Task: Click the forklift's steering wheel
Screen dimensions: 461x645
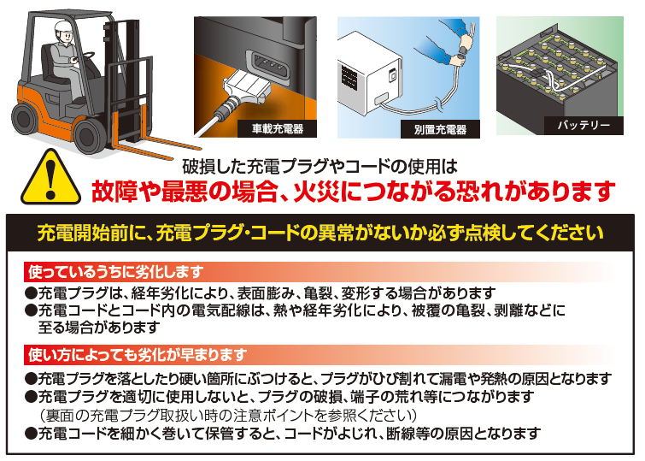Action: (86, 60)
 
